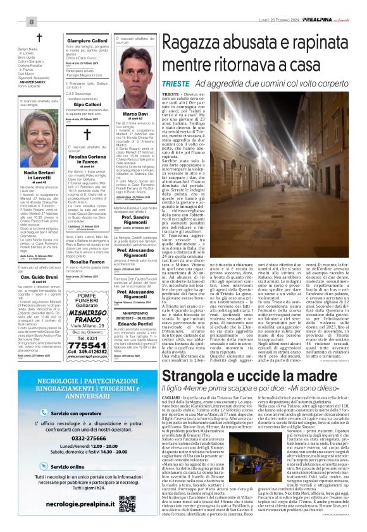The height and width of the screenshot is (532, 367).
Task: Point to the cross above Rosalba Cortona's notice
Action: (87, 135)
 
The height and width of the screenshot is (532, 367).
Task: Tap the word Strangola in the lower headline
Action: (192, 377)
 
